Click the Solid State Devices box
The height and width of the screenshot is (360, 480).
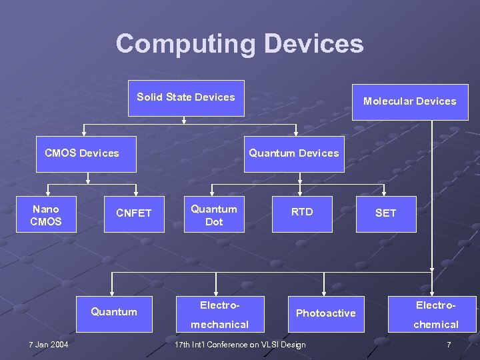[x=186, y=98]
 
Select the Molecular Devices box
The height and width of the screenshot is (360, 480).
[x=409, y=101]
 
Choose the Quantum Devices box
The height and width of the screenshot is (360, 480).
[x=294, y=154]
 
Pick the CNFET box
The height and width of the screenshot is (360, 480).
[x=134, y=214]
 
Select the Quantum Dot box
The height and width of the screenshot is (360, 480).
[x=214, y=214]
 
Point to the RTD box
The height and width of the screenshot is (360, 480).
[x=302, y=214]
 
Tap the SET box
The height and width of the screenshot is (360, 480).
[x=386, y=214]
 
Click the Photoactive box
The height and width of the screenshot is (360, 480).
[x=326, y=313]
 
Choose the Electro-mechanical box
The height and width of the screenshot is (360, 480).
[x=219, y=315]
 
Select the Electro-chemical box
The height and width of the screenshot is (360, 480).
[x=436, y=315]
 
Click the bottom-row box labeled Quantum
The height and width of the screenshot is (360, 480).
[x=114, y=312]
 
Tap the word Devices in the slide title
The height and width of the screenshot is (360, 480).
[x=313, y=44]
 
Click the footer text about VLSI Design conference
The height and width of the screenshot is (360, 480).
[x=240, y=345]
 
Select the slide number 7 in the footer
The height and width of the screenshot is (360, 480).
[x=449, y=345]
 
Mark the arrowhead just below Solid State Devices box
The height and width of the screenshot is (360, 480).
[x=185, y=121]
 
